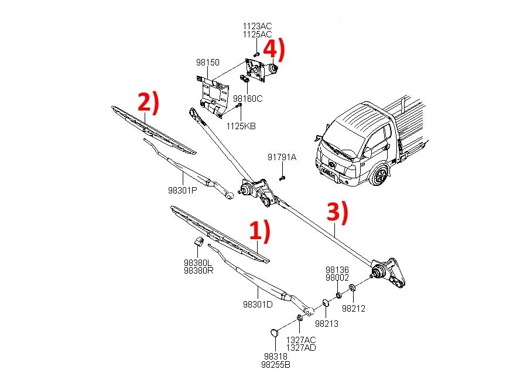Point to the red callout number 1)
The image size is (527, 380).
[260, 232]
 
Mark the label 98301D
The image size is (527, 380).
[258, 305]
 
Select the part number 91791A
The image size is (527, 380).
[282, 157]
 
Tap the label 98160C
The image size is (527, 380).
[248, 99]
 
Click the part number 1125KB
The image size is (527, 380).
[241, 126]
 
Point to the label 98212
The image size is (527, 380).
[353, 309]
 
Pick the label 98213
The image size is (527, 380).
[327, 323]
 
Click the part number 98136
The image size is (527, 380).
[337, 270]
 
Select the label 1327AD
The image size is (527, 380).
[300, 347]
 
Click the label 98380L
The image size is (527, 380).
[197, 262]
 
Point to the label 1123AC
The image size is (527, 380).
[258, 26]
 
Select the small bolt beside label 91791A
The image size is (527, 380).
[282, 175]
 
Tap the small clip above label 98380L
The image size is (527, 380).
[199, 243]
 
